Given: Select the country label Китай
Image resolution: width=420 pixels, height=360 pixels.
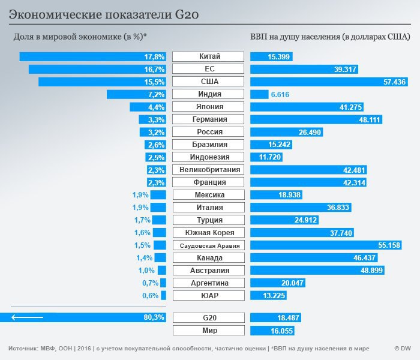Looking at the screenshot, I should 208,57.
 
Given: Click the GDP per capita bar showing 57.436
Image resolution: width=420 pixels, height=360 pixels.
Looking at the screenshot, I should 329,82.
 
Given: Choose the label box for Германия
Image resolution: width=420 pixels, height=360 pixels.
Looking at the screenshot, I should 208,119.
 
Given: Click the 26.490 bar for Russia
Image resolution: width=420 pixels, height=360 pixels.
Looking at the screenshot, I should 287,132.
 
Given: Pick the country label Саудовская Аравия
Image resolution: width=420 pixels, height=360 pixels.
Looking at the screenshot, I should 208,245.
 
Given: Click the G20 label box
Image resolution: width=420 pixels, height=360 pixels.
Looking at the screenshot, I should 208,317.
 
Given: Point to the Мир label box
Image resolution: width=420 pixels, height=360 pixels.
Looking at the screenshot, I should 208,331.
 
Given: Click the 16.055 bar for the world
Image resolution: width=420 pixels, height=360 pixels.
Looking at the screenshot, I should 272,331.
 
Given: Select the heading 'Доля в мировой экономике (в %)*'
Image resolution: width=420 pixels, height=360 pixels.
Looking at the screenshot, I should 80,37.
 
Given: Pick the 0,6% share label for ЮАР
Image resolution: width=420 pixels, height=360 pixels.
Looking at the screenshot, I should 150,295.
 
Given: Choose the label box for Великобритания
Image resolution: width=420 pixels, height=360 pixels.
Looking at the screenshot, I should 208,170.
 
